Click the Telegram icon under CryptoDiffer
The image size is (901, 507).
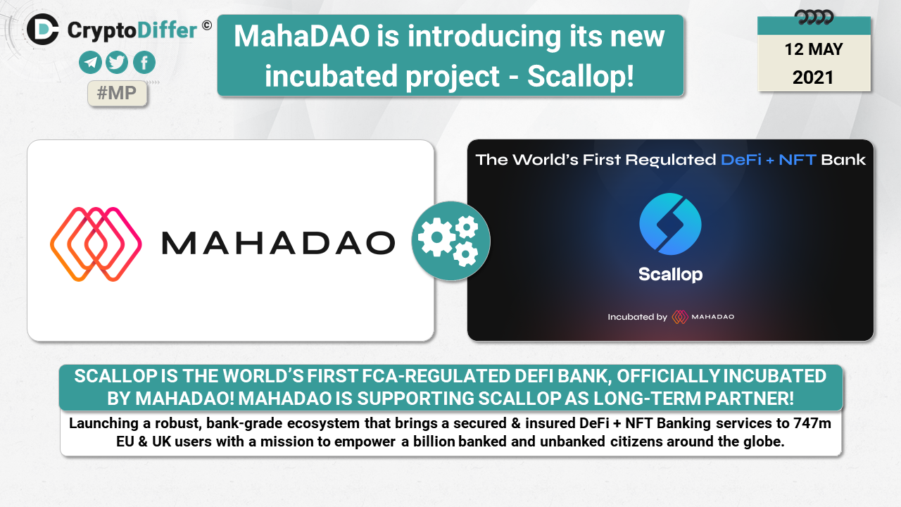(x=90, y=63)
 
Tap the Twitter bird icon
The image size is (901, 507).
(x=117, y=63)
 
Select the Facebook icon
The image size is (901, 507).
(x=144, y=63)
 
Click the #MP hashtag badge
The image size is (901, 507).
(x=117, y=94)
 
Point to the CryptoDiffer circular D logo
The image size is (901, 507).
(x=43, y=29)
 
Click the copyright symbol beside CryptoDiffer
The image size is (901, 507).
(x=207, y=26)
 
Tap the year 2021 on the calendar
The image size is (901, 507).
(x=813, y=77)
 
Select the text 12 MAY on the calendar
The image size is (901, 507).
(x=814, y=49)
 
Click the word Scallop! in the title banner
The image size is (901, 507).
(x=581, y=77)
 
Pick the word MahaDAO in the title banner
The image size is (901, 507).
(x=302, y=36)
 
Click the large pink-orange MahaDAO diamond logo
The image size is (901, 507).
(x=96, y=244)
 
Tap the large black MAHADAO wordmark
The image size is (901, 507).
(x=278, y=243)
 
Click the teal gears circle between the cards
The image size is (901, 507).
(x=451, y=241)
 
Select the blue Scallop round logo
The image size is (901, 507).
(x=670, y=224)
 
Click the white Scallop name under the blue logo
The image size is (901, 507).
(x=671, y=275)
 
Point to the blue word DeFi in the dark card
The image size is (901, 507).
(x=741, y=160)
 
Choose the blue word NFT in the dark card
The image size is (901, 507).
(x=798, y=160)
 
